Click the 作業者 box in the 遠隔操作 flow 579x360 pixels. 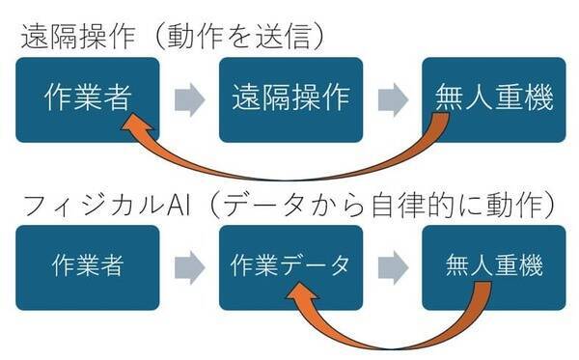[x=87, y=99]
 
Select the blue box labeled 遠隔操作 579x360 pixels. [x=290, y=99]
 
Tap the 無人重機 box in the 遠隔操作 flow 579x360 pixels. [x=494, y=99]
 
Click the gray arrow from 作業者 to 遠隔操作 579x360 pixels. [x=189, y=99]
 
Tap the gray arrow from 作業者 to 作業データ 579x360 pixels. [x=189, y=267]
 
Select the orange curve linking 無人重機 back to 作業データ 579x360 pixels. [x=386, y=343]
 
